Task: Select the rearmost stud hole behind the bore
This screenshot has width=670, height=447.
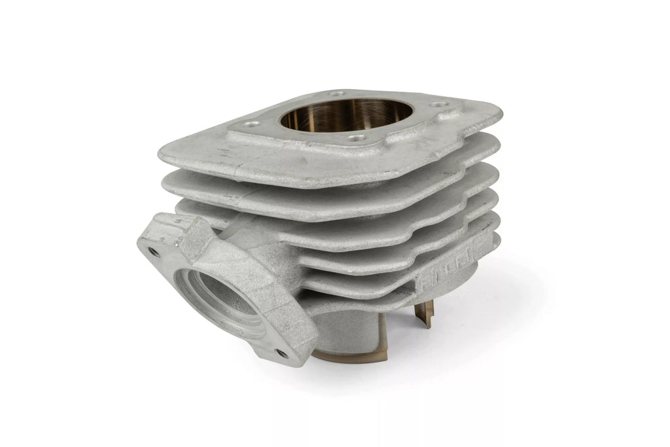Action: click(337, 94)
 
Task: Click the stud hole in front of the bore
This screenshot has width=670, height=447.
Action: click(356, 138)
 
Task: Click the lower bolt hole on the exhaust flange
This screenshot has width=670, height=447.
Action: click(282, 353)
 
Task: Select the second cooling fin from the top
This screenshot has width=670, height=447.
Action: click(327, 190)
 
